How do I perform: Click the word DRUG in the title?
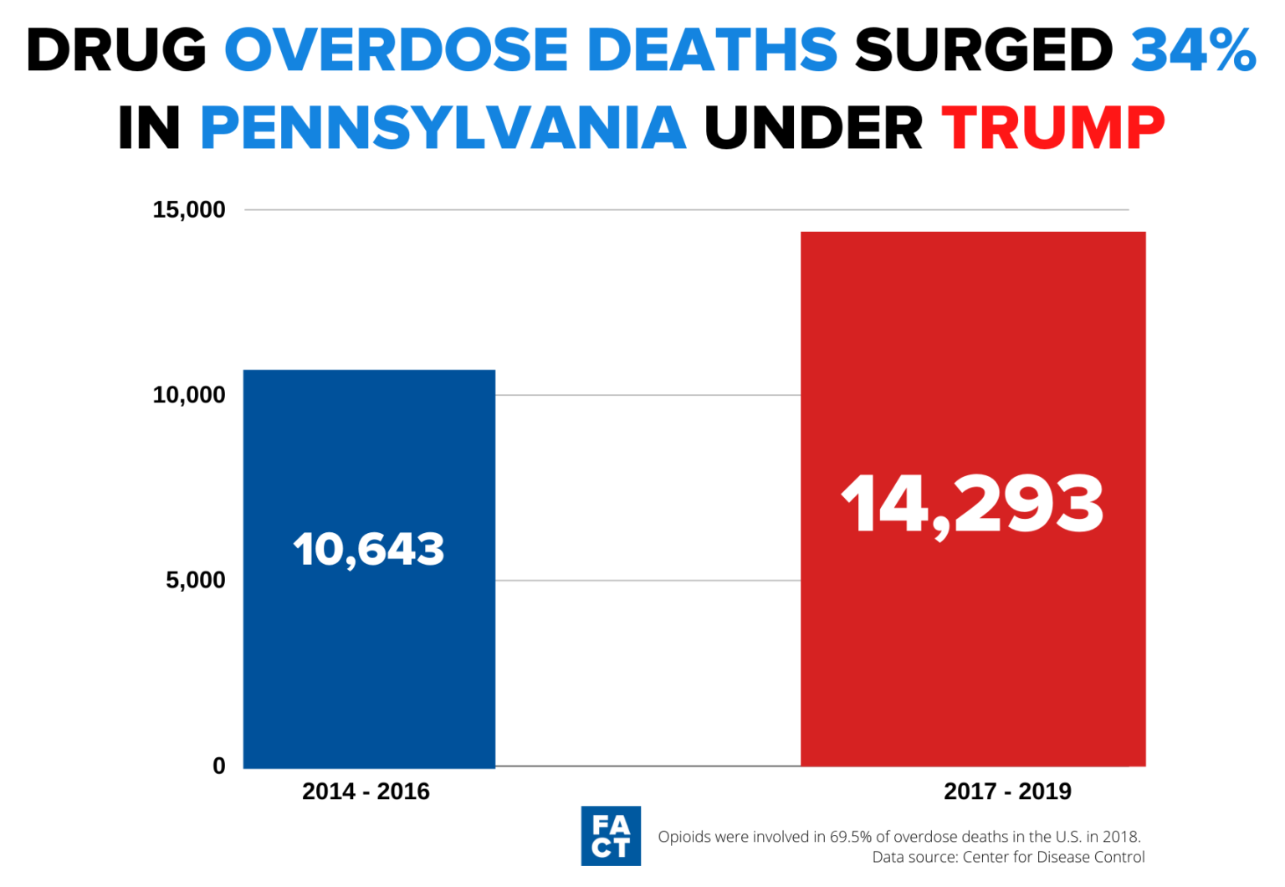click(116, 50)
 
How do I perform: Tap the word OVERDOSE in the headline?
click(402, 50)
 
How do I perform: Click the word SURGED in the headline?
click(984, 50)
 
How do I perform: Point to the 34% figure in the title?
click(1193, 50)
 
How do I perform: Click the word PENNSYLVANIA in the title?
click(443, 129)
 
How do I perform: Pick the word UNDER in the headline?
click(813, 129)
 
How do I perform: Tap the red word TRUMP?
click(1053, 129)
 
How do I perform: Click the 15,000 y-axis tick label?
click(189, 210)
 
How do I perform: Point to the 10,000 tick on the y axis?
click(189, 395)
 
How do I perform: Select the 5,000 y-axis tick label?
click(196, 580)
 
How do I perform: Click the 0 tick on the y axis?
click(219, 766)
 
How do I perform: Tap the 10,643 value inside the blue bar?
click(369, 550)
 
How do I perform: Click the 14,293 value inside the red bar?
click(972, 504)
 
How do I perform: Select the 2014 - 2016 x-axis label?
click(366, 792)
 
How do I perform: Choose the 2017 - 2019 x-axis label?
click(1007, 792)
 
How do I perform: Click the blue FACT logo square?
click(611, 836)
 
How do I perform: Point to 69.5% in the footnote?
click(851, 837)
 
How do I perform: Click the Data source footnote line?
click(1008, 857)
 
